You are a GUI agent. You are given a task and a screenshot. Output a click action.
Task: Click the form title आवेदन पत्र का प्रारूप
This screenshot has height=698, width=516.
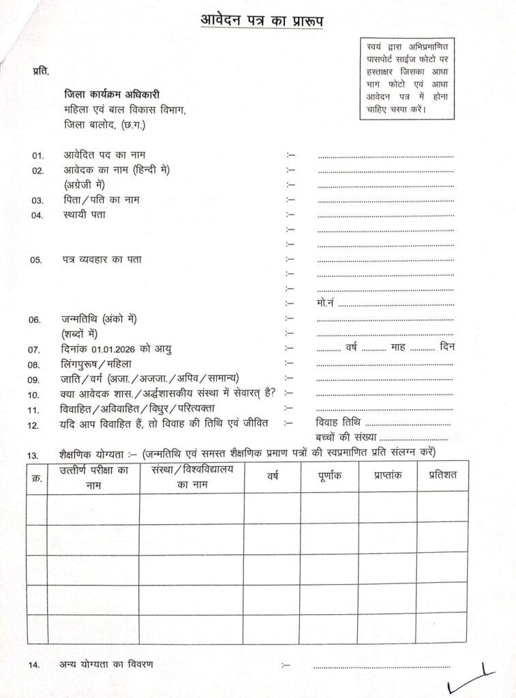(262, 19)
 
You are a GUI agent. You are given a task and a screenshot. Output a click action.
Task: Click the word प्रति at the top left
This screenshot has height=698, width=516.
(41, 71)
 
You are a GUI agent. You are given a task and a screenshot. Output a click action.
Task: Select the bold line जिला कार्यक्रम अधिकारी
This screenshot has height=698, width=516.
(112, 94)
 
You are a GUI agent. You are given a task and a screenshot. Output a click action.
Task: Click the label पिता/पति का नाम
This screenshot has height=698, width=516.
(102, 200)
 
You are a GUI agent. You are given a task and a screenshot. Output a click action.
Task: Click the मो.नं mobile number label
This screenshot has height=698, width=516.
(326, 303)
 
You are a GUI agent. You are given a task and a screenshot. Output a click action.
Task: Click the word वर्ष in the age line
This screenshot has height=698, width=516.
(352, 348)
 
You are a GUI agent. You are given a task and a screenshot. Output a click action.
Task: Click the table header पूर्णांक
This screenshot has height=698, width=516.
(329, 476)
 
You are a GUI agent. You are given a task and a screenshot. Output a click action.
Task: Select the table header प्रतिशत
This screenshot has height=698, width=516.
(442, 475)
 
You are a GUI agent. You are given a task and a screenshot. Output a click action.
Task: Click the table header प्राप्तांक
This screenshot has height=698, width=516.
(387, 475)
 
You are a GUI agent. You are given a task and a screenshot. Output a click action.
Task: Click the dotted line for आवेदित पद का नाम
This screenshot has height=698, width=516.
(386, 157)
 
